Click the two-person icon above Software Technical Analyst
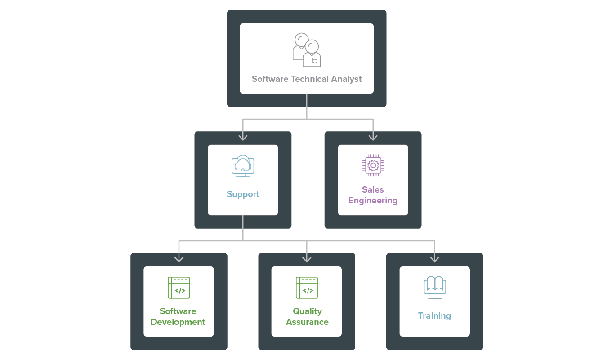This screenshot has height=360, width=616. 307,50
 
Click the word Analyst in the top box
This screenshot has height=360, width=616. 346,79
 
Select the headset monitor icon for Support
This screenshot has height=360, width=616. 243,166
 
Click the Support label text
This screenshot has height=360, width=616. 243,194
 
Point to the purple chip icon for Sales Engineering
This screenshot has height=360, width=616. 373,166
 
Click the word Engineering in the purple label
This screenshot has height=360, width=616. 373,201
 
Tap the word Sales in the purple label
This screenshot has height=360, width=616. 373,190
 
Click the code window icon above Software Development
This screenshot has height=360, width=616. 179,288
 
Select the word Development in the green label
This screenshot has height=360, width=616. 178,322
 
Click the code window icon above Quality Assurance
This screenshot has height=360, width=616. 307,288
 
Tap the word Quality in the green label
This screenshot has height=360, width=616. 307,311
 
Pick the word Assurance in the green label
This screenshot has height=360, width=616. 307,322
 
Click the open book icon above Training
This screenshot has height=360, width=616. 434,287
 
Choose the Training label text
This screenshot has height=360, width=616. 434,316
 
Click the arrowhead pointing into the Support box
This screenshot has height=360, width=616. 243,137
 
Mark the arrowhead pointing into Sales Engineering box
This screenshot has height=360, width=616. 373,137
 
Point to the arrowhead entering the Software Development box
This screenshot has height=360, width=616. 179,259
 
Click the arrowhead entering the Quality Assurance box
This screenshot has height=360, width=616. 307,259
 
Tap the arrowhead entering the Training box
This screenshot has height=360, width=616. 434,259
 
